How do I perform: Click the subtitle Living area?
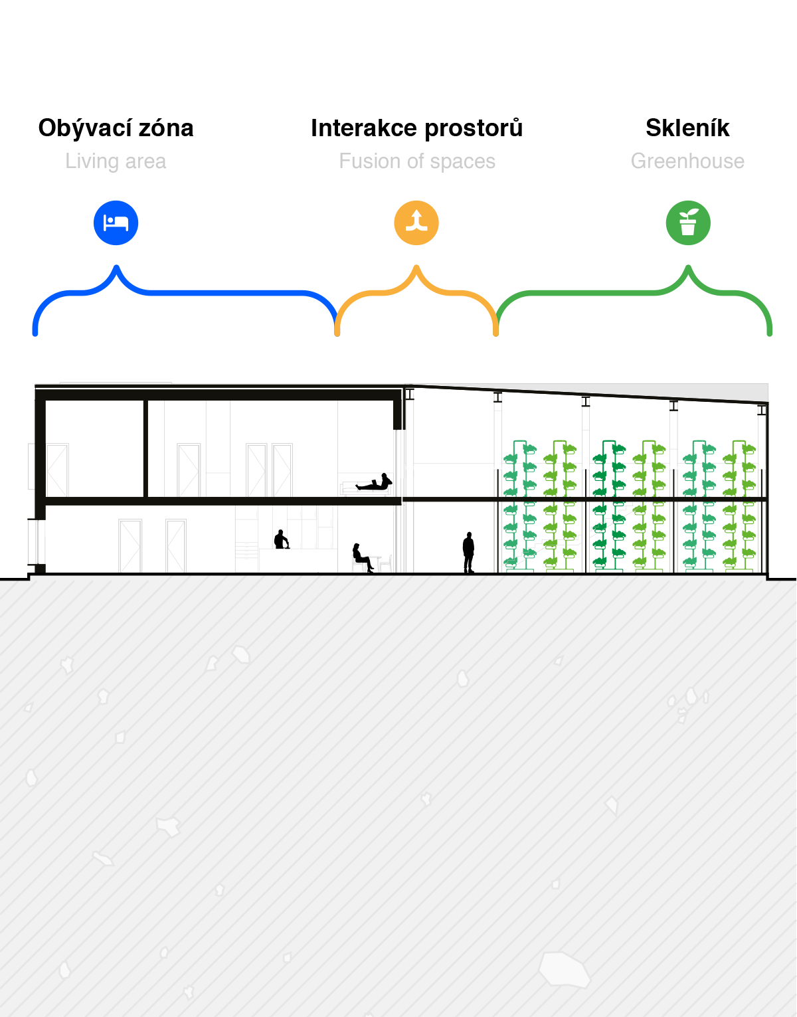(x=116, y=161)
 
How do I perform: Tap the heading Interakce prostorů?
(x=416, y=128)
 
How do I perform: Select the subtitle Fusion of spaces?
(x=417, y=161)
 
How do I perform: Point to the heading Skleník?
(x=687, y=128)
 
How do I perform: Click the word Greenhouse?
(x=687, y=161)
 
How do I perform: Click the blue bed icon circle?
(x=116, y=223)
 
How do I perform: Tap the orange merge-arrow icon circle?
(x=416, y=223)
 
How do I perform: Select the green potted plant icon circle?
(x=688, y=223)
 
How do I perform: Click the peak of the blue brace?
(x=116, y=268)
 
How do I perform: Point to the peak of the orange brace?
(x=416, y=268)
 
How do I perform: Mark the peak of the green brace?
(x=688, y=268)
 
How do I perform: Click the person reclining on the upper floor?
(x=374, y=482)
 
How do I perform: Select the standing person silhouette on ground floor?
(x=469, y=553)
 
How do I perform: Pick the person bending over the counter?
(x=282, y=539)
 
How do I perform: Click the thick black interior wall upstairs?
(x=145, y=448)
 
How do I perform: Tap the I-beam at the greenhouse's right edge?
(x=762, y=410)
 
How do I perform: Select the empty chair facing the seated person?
(x=386, y=563)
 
